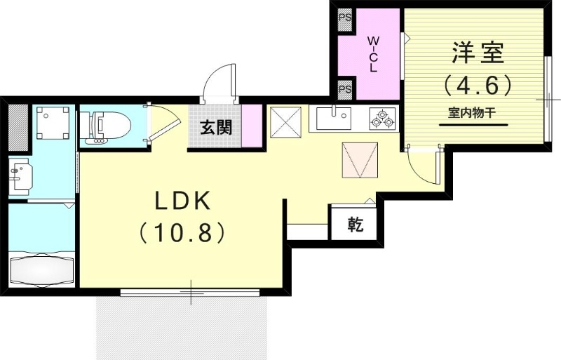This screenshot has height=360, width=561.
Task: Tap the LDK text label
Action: [x=182, y=201]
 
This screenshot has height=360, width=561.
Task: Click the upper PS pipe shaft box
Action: [x=344, y=20]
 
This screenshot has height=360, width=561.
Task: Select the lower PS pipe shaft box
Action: [x=344, y=90]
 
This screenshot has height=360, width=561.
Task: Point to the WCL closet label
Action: [x=373, y=53]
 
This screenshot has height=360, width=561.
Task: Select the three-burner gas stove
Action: [x=381, y=118]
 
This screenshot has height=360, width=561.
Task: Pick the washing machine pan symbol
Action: [x=52, y=124]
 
